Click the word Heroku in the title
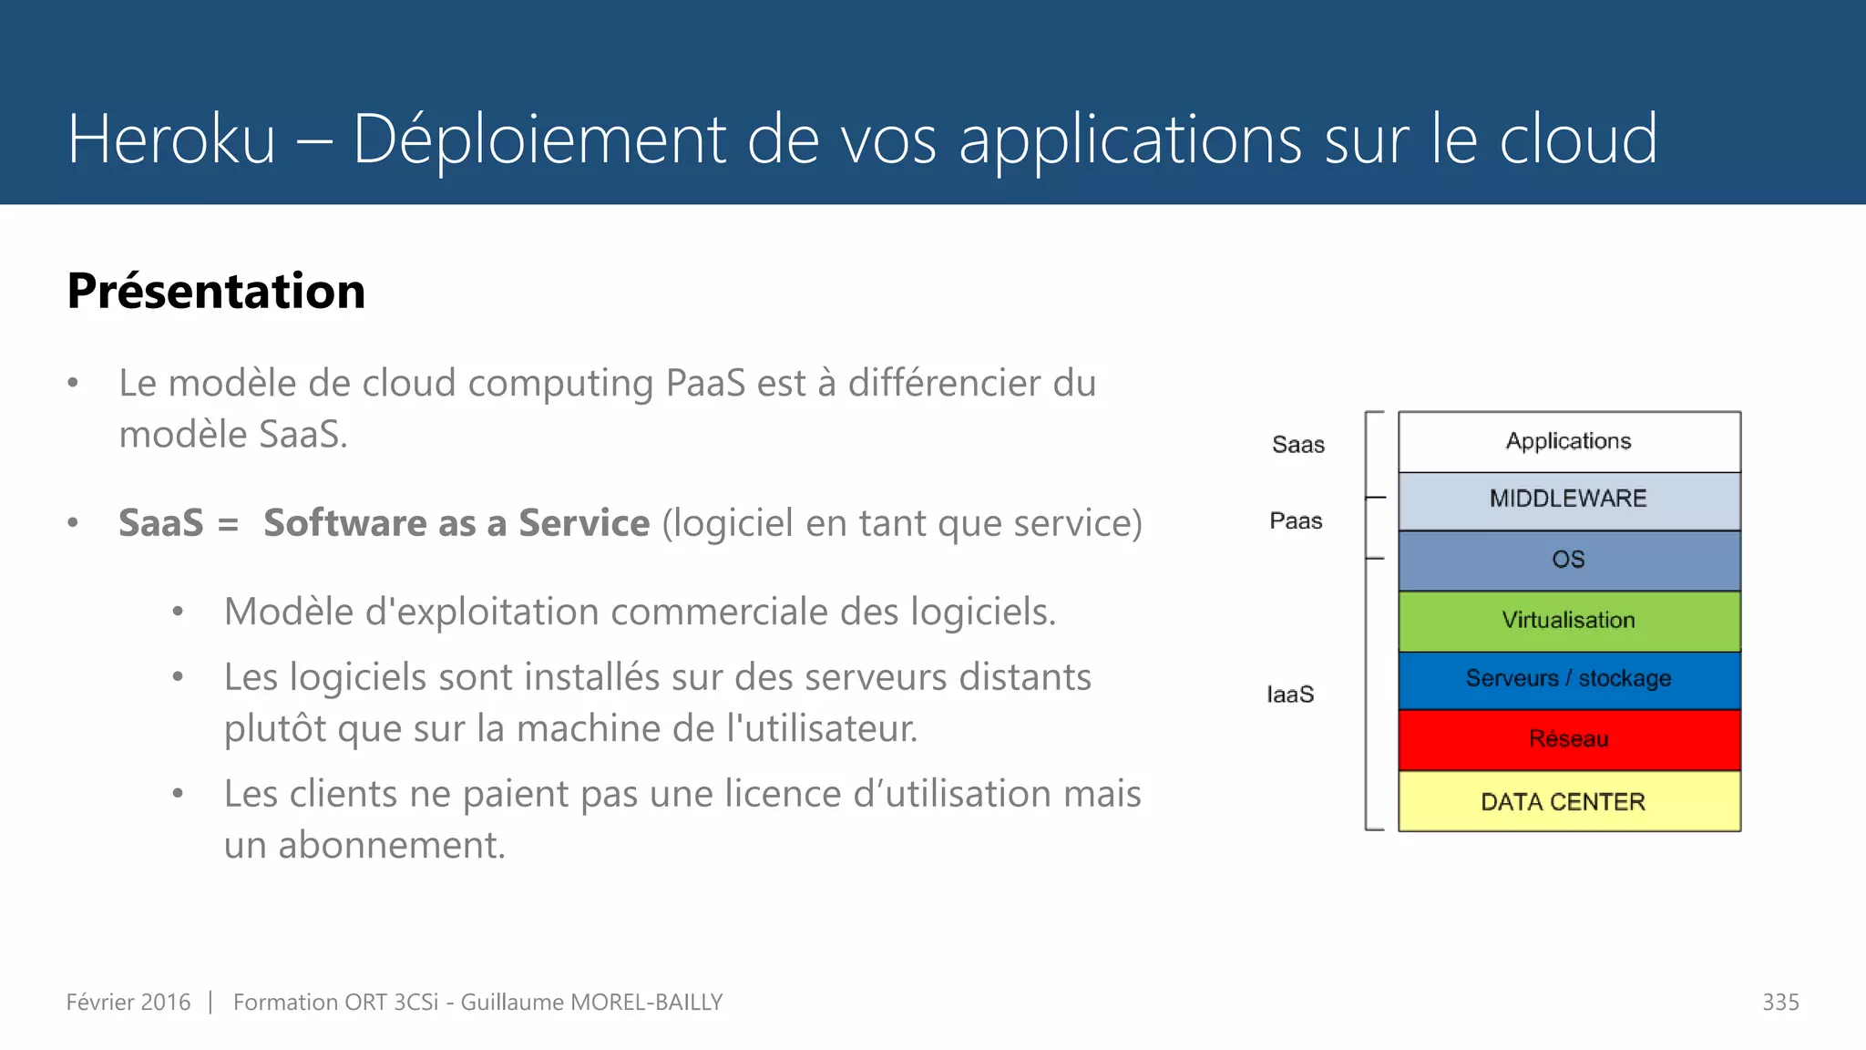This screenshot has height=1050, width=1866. pos(171,139)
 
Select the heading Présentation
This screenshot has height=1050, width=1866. pos(216,292)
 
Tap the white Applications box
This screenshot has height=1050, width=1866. pos(1569,442)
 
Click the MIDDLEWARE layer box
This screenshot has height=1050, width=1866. pos(1569,500)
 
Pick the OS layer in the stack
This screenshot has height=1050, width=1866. pos(1569,560)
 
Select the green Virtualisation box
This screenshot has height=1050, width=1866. pos(1569,621)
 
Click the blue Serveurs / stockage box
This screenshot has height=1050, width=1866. pos(1569,680)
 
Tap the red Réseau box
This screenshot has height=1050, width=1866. pos(1569,739)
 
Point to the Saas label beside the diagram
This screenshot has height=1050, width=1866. pos(1298,445)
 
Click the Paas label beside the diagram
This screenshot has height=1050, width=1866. pos(1296,521)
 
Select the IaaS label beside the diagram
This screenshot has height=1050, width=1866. pos(1290,695)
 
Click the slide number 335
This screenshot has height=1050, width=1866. pos(1780,1003)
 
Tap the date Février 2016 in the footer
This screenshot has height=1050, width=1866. pos(128,1003)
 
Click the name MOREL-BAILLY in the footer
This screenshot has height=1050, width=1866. pos(646,1003)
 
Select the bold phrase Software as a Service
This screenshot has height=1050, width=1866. pos(456,523)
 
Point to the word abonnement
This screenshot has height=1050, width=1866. pos(391,845)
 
